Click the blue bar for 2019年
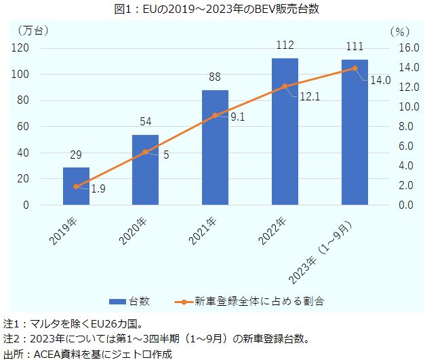(76, 186)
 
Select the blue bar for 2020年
(145, 169)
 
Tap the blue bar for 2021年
(215, 147)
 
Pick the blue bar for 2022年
(285, 132)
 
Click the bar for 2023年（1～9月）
(355, 132)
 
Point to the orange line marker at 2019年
(76, 186)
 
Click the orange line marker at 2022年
(285, 86)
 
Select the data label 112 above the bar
(285, 45)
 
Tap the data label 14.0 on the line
(380, 81)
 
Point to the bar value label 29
(76, 155)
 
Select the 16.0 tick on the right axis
(401, 48)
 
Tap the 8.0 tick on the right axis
(401, 127)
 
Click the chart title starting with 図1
(213, 8)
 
